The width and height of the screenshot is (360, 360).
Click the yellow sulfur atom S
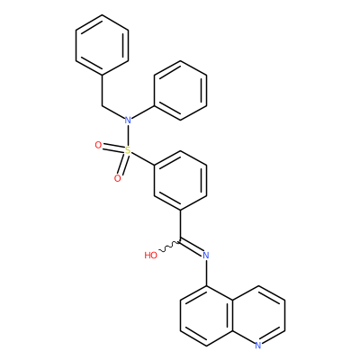pos(128,150)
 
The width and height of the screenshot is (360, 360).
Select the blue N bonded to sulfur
pos(128,121)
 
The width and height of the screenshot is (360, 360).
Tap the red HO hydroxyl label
pos(151,256)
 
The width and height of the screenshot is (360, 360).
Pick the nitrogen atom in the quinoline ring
pos(258,346)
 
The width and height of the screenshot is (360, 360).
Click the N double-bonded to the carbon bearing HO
pos(206,256)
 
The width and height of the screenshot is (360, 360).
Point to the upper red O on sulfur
pos(98,145)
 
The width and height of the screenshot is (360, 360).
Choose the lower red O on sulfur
pos(118,179)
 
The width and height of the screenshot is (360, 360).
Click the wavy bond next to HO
pos(169,246)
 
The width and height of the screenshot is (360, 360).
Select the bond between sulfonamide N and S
pos(128,135)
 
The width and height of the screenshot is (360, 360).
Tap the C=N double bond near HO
pos(191,247)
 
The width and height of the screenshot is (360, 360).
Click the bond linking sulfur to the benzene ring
pos(143,157)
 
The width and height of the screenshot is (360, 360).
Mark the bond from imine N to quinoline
pos(206,273)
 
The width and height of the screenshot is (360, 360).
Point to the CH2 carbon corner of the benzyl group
pos(102,105)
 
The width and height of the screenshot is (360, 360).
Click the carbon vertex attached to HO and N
pos(180,240)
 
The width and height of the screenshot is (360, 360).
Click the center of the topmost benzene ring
pos(102,44)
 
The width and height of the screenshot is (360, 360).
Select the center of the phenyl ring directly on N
pos(180,90)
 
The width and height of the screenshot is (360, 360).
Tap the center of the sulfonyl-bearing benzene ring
pos(180,180)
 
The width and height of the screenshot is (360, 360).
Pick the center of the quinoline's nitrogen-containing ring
pos(258,315)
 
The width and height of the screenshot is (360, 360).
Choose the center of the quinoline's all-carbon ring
pos(206,315)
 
